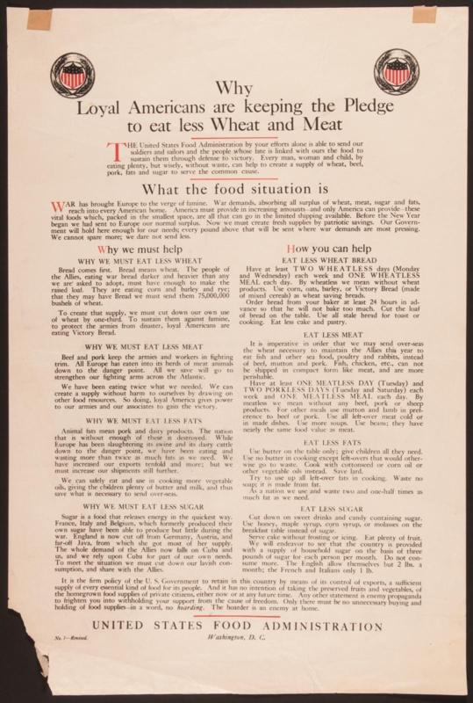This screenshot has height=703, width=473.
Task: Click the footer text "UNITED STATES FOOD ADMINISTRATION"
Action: click(235, 625)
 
